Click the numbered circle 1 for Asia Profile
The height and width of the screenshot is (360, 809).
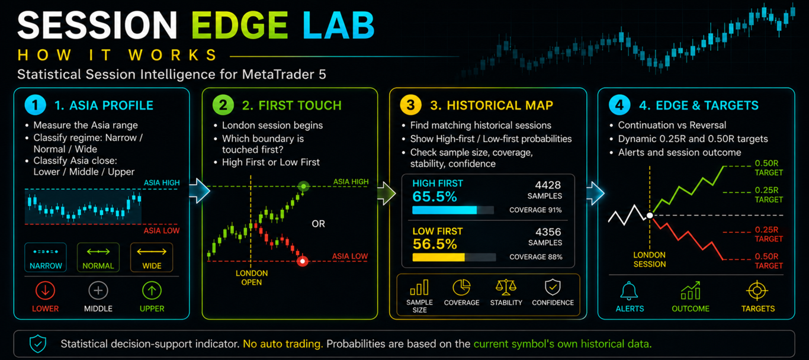coord(35,105)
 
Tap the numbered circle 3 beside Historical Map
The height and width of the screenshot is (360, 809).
coord(410,105)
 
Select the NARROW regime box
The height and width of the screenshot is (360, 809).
coord(46,257)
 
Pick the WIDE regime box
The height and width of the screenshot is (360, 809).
coord(152,257)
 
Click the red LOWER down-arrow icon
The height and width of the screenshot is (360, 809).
coord(45,290)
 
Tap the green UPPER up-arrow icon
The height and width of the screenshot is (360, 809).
coord(152,290)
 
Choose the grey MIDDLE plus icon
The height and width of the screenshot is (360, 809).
coord(98,290)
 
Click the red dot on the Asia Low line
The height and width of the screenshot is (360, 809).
coord(303,261)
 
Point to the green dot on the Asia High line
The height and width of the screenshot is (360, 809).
coord(304,187)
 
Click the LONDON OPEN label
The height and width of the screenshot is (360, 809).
coord(252,278)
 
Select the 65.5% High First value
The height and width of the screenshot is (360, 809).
coord(435,197)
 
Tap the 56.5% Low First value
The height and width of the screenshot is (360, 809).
coord(435,245)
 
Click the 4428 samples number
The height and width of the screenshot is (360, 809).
coord(547,185)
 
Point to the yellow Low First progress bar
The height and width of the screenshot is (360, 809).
coord(438,257)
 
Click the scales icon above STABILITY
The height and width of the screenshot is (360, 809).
coord(506,288)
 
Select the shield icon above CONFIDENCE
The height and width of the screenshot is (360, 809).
coord(553,288)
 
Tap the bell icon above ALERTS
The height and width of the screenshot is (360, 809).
coord(629,291)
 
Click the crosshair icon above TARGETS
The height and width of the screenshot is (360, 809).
coord(757,291)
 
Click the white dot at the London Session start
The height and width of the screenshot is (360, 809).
coord(650,215)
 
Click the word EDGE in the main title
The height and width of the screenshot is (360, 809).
coord(239,25)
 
